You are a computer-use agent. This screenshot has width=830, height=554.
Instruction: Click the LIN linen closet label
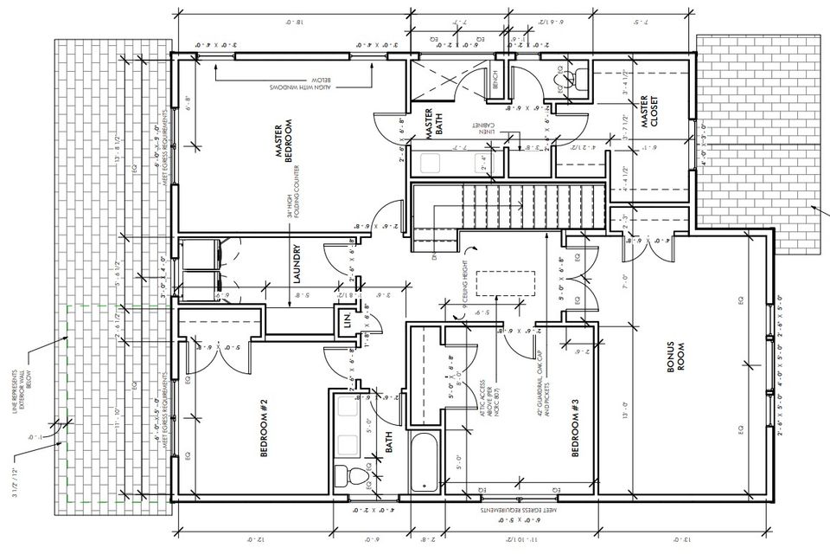[348, 322]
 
